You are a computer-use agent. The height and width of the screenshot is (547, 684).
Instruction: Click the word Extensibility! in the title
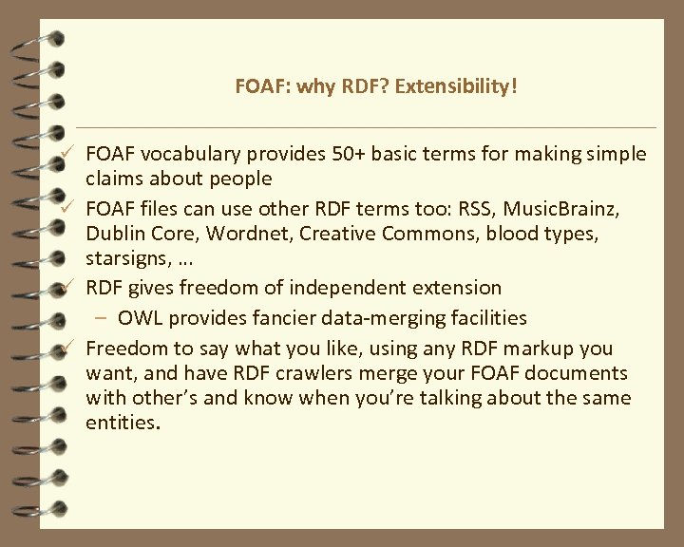(x=457, y=87)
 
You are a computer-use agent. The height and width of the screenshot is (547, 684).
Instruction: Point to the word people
(x=240, y=179)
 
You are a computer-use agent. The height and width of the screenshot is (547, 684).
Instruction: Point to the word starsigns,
(x=125, y=258)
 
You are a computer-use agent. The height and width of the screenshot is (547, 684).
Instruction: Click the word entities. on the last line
(x=123, y=422)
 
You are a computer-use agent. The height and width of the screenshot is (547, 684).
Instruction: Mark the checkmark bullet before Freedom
(x=69, y=348)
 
